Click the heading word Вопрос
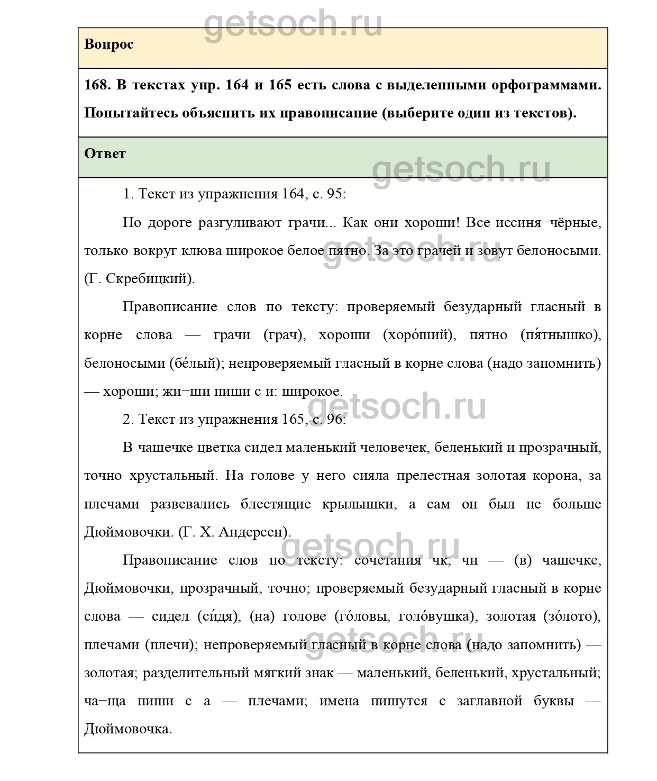(x=108, y=44)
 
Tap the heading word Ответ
(x=105, y=154)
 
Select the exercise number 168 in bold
(x=97, y=85)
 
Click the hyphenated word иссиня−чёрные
(x=548, y=222)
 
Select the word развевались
(x=190, y=504)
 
